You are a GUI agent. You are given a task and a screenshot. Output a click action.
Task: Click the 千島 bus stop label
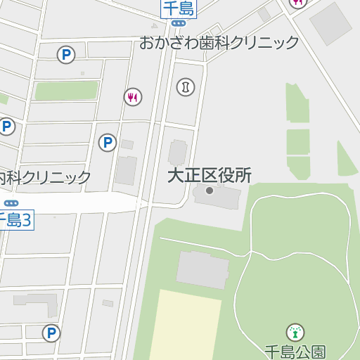pyautogui.click(x=179, y=8)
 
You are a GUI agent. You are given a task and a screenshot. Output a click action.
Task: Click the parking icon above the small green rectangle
pyautogui.click(x=66, y=55)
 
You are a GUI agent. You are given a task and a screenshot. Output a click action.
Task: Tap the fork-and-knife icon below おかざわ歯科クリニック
pyautogui.click(x=133, y=97)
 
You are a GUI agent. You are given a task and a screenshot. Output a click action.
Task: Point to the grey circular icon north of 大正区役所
pyautogui.click(x=186, y=86)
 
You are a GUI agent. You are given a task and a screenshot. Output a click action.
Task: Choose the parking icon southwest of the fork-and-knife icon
pyautogui.click(x=107, y=143)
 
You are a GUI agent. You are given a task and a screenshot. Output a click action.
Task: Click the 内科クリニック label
pyautogui.click(x=46, y=177)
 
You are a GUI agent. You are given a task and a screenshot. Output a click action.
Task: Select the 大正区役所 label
pyautogui.click(x=209, y=176)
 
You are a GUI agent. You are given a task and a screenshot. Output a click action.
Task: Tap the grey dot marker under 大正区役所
pyautogui.click(x=209, y=191)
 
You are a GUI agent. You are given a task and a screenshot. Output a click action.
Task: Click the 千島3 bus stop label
pyautogui.click(x=15, y=220)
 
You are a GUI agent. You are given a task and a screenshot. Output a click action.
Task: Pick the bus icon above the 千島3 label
pyautogui.click(x=11, y=204)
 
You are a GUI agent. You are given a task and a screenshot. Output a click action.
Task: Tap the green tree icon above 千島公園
pyautogui.click(x=295, y=332)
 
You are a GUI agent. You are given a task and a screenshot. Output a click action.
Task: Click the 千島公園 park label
pyautogui.click(x=295, y=351)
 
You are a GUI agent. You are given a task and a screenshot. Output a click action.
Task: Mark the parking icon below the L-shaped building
pyautogui.click(x=51, y=333)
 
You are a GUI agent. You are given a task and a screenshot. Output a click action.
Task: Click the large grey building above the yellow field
pyautogui.click(x=202, y=270)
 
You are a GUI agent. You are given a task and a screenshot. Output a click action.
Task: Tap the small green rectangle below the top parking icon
pyautogui.click(x=67, y=91)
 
